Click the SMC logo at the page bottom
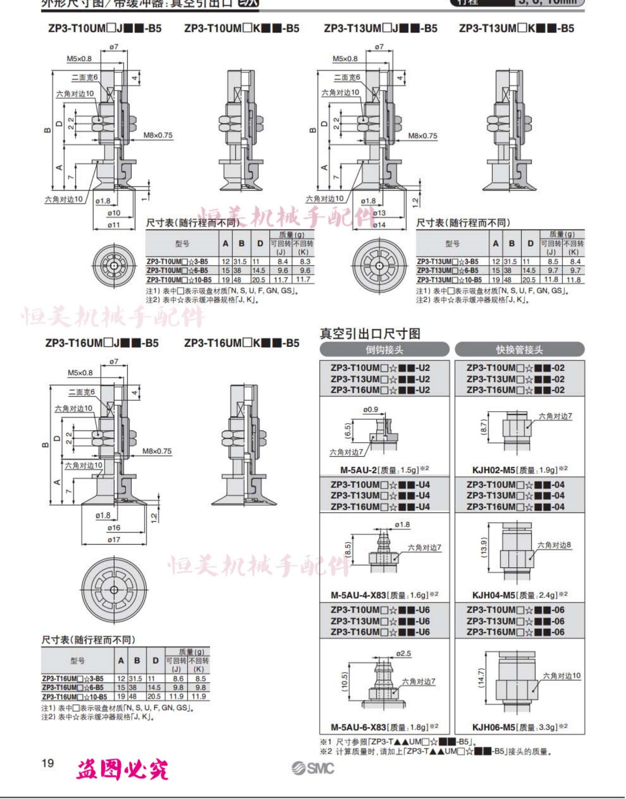click(313, 768)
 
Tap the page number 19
click(48, 763)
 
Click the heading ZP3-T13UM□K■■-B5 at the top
click(516, 28)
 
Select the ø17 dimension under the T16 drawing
click(114, 540)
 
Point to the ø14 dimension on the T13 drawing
click(379, 225)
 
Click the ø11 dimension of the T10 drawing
click(114, 225)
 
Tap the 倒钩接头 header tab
click(384, 349)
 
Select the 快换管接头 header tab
click(519, 349)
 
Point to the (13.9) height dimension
click(484, 547)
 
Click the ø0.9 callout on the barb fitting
click(370, 410)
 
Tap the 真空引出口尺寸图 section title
click(370, 334)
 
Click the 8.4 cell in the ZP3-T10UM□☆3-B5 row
click(283, 261)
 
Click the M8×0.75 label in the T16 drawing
click(156, 451)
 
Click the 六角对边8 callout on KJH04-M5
click(554, 545)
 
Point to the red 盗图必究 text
click(122, 769)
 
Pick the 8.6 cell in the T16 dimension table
click(178, 678)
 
